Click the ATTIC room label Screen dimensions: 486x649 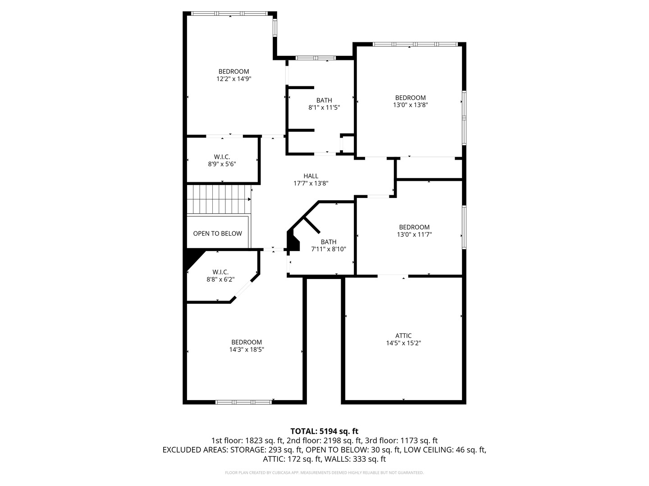(x=403, y=335)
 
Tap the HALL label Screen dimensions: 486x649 (x=311, y=176)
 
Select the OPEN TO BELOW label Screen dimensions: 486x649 (x=217, y=234)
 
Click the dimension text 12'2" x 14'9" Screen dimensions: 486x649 (x=233, y=79)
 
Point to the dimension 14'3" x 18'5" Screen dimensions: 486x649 (x=247, y=349)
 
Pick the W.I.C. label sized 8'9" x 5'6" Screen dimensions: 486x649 (x=222, y=157)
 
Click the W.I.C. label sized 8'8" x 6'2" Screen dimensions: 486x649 (x=220, y=272)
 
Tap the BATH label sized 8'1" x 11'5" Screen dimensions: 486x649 (x=324, y=100)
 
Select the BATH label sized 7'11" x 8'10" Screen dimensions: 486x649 (x=329, y=242)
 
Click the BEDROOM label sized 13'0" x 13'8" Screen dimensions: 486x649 (x=410, y=98)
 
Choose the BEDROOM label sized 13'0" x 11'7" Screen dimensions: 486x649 (x=414, y=227)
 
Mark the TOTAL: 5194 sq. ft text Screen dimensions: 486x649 (x=324, y=431)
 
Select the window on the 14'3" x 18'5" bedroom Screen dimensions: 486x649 (x=243, y=402)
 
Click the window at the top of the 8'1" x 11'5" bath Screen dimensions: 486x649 (x=315, y=58)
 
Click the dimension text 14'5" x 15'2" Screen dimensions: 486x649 (x=403, y=343)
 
